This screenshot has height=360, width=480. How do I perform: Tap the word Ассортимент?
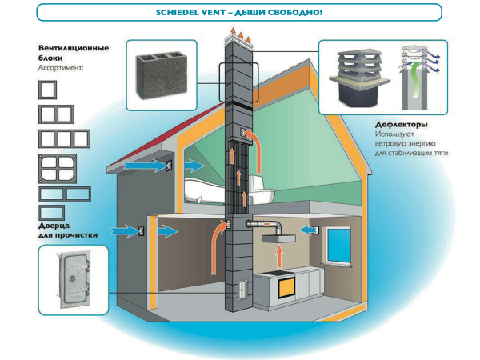coord(61,69)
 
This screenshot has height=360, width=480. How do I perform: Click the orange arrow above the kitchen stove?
coord(278,257)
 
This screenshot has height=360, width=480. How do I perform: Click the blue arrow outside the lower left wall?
coord(120,230)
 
